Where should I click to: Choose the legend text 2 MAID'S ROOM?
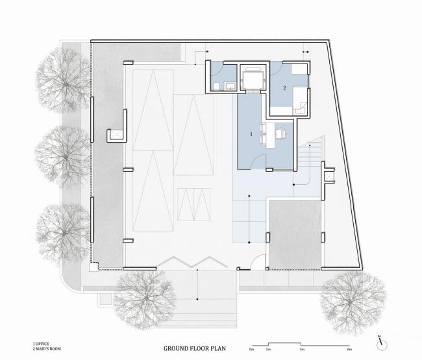47,348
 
